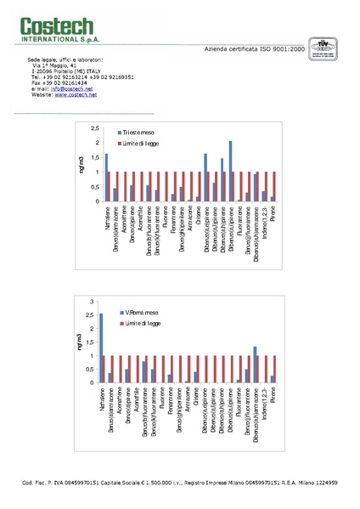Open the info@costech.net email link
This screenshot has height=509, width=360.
67,88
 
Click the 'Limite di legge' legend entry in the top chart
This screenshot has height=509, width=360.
142,144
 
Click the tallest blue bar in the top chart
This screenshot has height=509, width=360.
230,171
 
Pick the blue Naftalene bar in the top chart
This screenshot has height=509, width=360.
106,178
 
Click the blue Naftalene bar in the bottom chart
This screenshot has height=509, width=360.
101,348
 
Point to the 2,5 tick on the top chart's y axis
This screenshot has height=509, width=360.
94,127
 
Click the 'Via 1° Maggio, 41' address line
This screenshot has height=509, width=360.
55,65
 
